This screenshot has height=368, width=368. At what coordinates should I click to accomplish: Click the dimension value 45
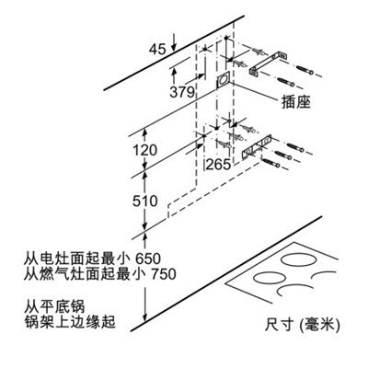157,49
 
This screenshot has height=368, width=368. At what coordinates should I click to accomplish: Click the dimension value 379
182,91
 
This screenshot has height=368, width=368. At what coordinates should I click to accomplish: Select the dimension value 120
144,150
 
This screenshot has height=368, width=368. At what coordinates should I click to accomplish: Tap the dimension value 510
145,201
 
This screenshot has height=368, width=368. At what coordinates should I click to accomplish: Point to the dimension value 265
218,165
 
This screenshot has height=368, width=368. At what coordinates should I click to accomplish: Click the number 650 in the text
148,259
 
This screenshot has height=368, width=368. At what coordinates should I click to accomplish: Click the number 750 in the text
164,274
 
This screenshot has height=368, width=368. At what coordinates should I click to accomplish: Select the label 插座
296,101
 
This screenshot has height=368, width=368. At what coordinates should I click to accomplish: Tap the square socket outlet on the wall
223,80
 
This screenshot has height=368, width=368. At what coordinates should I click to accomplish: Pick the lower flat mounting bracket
257,146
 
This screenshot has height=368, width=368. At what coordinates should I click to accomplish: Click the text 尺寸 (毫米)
302,325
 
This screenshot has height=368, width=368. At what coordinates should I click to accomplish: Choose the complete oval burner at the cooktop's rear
299,260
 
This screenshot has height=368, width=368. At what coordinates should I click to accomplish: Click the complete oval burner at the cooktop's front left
270,279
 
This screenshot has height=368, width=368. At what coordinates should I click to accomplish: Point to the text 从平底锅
54,306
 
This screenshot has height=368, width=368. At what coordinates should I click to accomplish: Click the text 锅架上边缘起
70,322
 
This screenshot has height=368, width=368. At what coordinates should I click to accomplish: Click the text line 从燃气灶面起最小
86,274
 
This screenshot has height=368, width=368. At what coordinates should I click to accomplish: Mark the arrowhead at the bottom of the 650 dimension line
145,317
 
